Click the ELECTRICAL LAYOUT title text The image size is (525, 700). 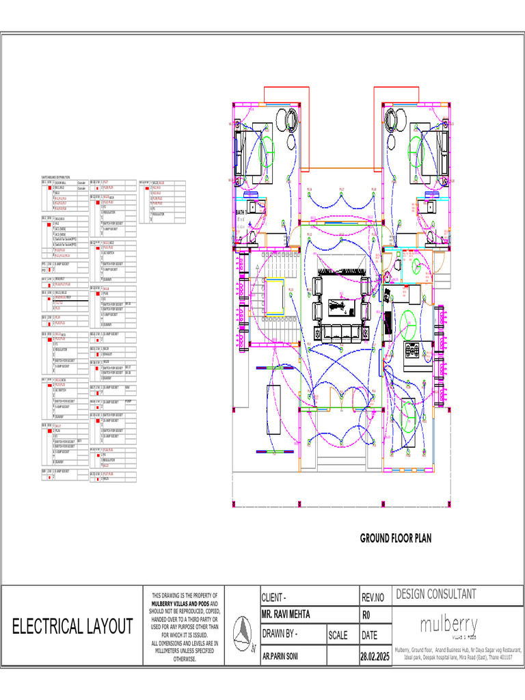click(x=72, y=626)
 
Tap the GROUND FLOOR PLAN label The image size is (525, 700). click(x=396, y=539)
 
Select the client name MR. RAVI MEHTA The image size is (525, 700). click(x=286, y=614)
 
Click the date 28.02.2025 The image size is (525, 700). click(x=374, y=656)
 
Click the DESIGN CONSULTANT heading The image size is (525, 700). click(x=436, y=595)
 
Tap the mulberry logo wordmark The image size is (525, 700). click(x=448, y=625)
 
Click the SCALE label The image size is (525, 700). click(x=338, y=635)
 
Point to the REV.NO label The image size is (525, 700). click(x=373, y=597)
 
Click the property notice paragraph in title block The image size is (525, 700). click(x=185, y=628)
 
